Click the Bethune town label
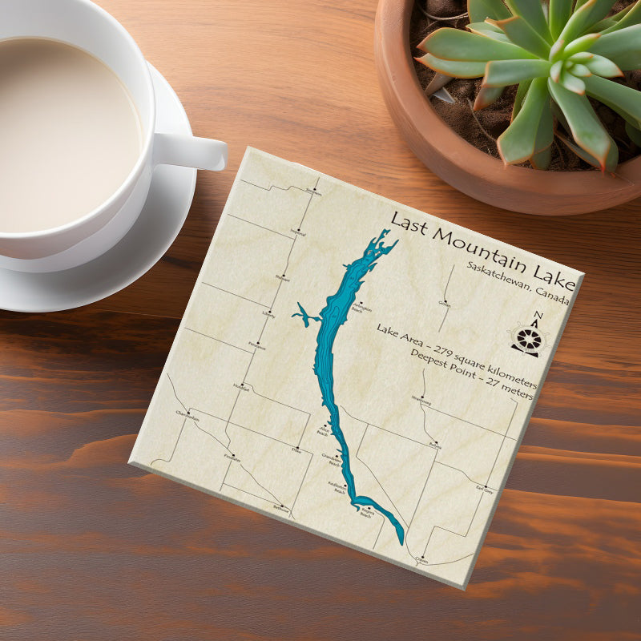click(x=280, y=509)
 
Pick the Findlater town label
click(x=232, y=458)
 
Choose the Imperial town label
click(x=298, y=232)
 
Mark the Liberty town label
click(x=268, y=315)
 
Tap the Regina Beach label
click(x=367, y=511)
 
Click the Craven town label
click(x=422, y=561)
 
